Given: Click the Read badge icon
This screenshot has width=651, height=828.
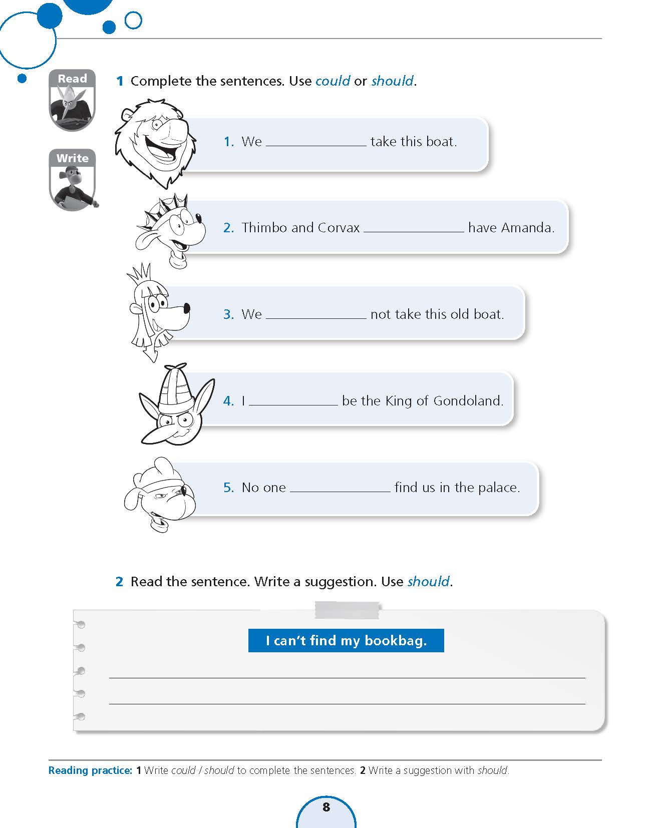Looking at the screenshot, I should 73,100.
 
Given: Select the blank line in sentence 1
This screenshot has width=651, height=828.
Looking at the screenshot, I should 316,143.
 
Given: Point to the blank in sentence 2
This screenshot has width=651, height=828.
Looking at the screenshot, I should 414,230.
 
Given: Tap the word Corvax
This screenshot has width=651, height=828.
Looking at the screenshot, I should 339,228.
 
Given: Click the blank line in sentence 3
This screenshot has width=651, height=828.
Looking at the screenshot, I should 316,316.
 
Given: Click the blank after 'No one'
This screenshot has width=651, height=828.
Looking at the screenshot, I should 340,490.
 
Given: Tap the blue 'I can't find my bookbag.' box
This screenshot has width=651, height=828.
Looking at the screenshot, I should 346,641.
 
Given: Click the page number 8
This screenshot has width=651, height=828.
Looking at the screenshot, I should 327,807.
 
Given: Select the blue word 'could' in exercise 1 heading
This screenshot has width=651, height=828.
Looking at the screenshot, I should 333,81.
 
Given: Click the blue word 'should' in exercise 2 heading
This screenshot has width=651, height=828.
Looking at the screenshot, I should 429,582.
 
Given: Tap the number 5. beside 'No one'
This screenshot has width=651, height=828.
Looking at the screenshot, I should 228,488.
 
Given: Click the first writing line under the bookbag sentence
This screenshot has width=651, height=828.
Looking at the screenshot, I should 347,677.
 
